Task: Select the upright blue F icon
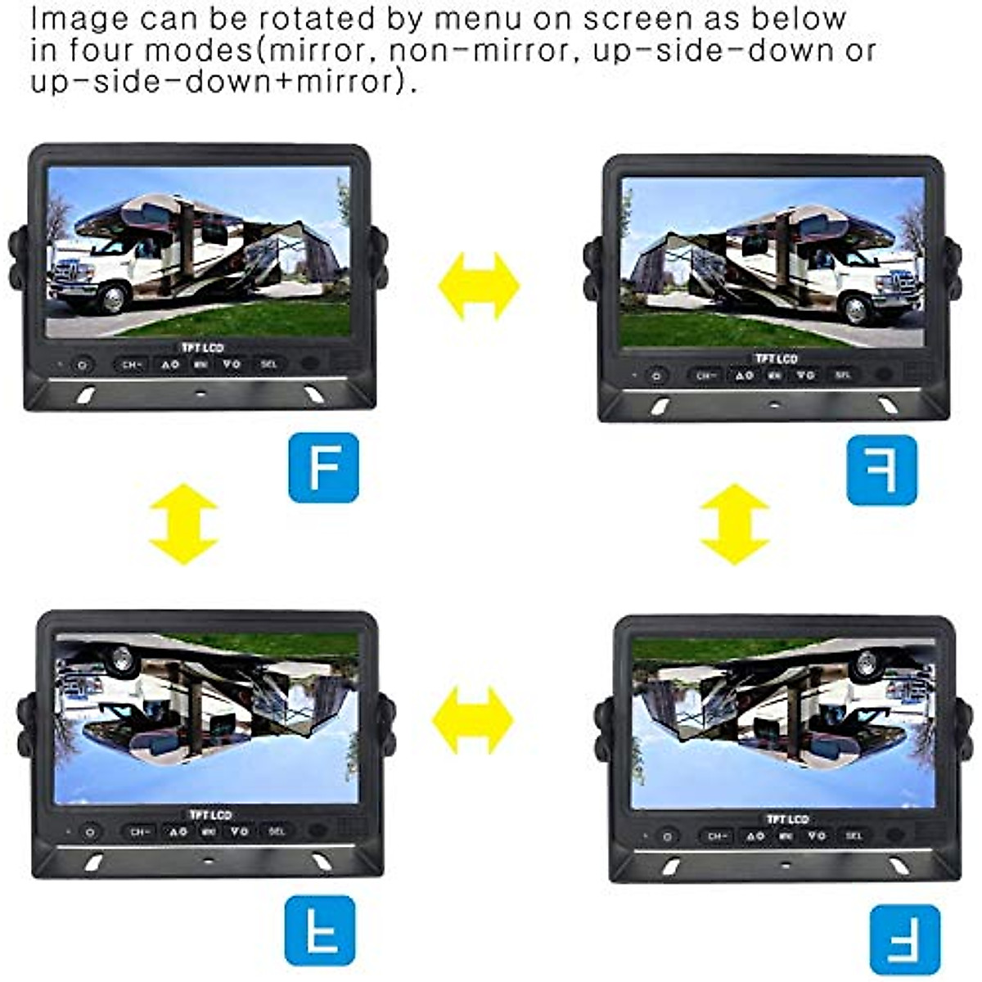(323, 467)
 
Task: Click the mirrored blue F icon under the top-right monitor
(881, 470)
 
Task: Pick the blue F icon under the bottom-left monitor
(320, 930)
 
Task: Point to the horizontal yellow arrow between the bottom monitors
(472, 720)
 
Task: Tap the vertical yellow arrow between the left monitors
(183, 524)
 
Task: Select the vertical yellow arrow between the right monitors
(735, 524)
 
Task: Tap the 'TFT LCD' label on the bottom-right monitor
(787, 819)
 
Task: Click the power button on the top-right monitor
(655, 376)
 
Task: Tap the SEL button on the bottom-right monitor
(854, 836)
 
